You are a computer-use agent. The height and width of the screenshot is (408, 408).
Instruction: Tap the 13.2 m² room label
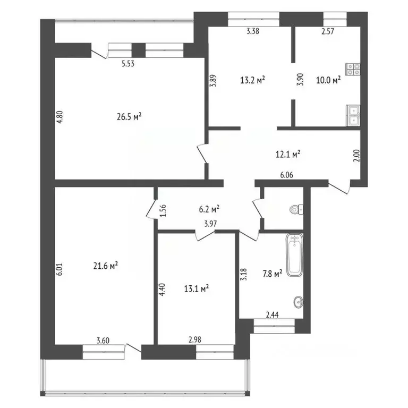point(253,80)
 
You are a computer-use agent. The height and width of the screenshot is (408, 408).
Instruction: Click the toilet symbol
point(296,209)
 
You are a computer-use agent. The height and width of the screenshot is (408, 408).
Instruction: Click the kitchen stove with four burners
point(353,69)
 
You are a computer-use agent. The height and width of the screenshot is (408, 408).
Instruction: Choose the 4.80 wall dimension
point(60,117)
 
